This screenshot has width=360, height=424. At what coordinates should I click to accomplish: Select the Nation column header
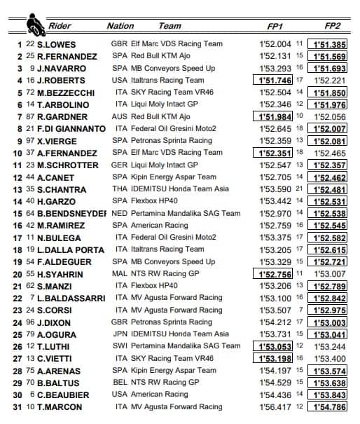tap(120, 26)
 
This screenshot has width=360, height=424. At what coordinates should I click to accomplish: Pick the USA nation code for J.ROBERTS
tap(121, 80)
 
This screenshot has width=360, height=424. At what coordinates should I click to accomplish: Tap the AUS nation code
tap(121, 116)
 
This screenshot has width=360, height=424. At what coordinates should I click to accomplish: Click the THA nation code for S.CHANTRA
tap(121, 189)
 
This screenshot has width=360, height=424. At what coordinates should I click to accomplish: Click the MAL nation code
tap(121, 273)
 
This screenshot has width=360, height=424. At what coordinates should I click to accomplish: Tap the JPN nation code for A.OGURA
tap(121, 334)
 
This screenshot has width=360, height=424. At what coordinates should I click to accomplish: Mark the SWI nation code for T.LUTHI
tap(121, 346)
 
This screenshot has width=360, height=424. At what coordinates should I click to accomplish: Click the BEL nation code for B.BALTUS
tap(121, 382)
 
